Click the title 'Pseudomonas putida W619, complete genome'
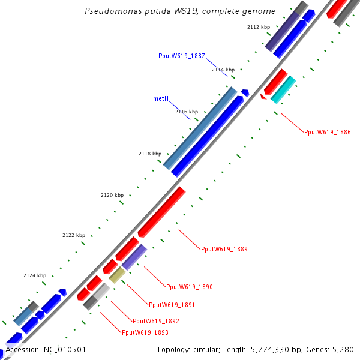tap(180, 11)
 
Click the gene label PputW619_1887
tap(182, 56)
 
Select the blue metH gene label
tap(160, 98)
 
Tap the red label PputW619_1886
tap(328, 132)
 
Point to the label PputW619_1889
tap(224, 249)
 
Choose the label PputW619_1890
tap(190, 287)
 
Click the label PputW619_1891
tap(172, 305)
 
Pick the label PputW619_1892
tap(156, 321)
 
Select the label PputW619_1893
tap(145, 332)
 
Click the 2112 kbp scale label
tap(259, 27)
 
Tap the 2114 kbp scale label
tap(223, 70)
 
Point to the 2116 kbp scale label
tap(187, 112)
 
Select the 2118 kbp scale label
tap(150, 154)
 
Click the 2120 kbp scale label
tap(112, 195)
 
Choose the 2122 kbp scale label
tap(74, 235)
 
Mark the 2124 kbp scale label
tap(35, 275)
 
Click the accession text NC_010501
tap(46, 350)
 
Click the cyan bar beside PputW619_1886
tap(283, 89)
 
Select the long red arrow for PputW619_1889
tap(161, 212)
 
